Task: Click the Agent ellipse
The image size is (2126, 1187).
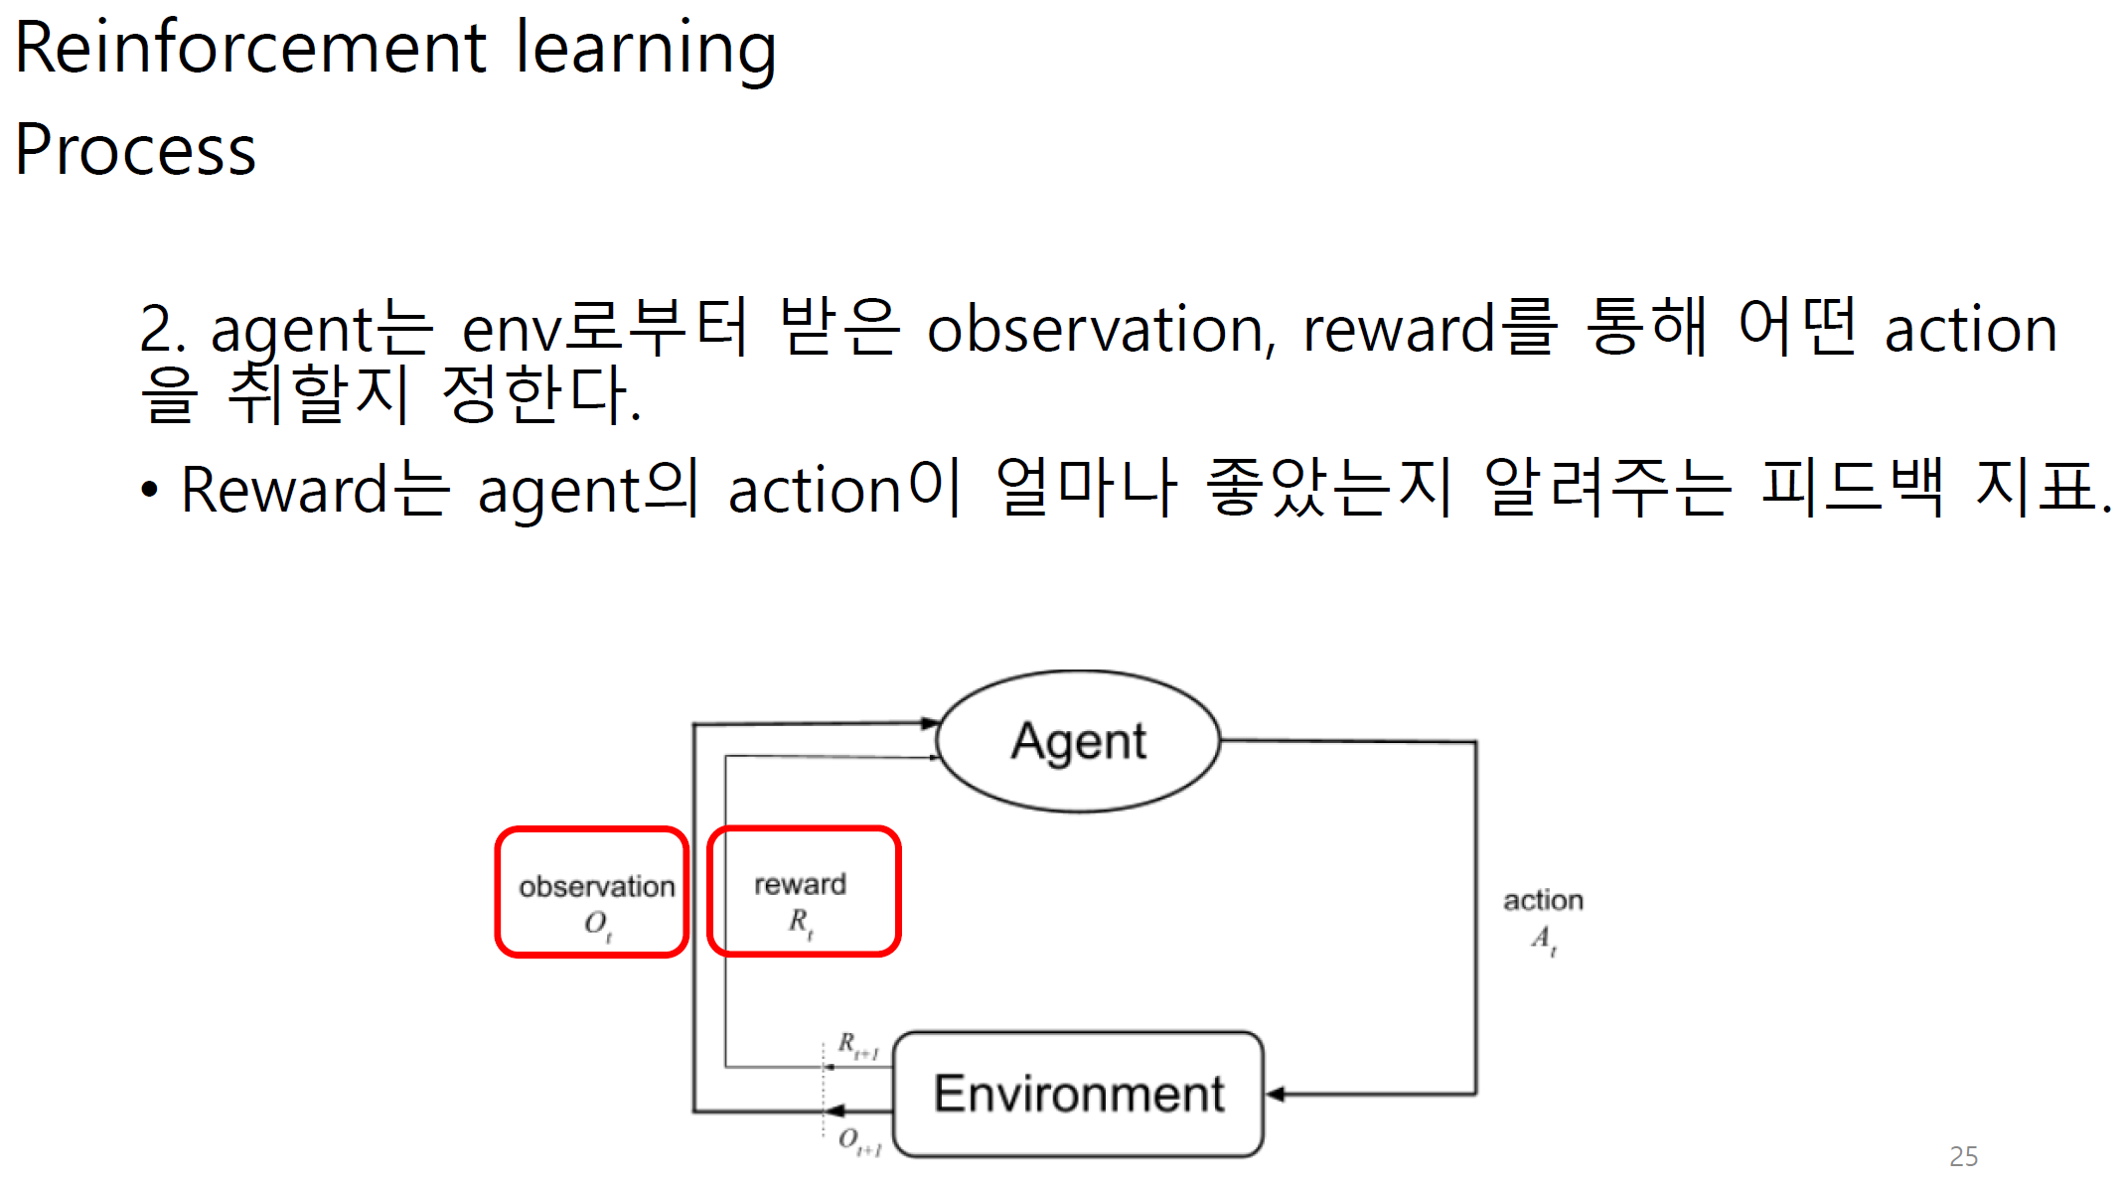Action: point(1078,741)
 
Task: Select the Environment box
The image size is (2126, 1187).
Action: point(1078,1094)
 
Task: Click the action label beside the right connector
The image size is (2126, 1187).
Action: point(1543,900)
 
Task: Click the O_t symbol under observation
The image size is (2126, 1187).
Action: point(597,924)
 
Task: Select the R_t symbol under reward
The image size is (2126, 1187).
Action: point(801,922)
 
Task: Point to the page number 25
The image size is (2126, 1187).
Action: point(1963,1156)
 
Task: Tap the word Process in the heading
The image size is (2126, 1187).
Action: point(136,151)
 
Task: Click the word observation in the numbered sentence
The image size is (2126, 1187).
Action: point(1099,330)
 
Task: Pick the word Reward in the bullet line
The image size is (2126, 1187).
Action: point(284,490)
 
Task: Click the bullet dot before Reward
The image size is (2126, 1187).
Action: point(149,490)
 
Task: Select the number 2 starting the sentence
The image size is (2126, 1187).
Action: point(157,330)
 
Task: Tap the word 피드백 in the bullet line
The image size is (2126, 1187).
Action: point(1852,488)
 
